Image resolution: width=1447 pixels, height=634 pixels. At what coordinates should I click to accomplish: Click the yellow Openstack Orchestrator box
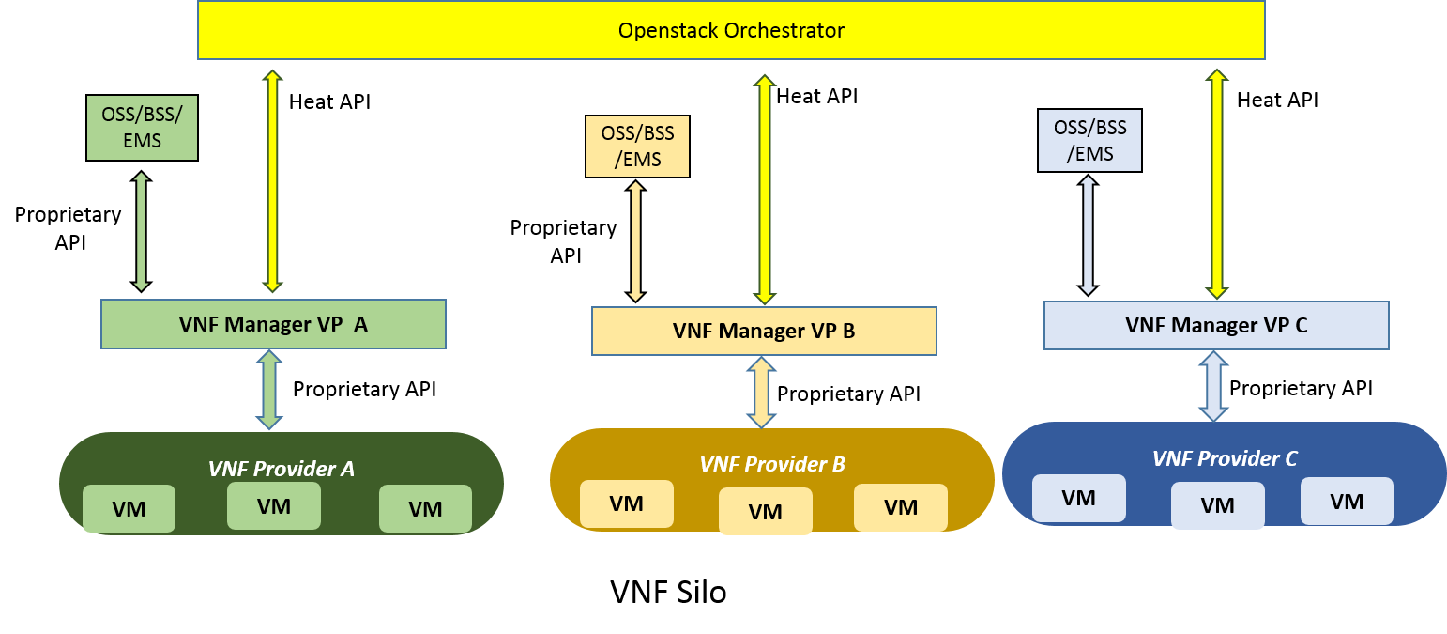731,30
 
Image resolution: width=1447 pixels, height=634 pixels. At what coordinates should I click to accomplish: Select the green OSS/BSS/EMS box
142,128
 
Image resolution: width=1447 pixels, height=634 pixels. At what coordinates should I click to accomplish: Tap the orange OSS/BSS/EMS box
637,146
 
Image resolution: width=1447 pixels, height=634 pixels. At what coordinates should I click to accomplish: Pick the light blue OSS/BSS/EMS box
1089,140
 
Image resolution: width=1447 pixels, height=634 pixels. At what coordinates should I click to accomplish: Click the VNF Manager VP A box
273,324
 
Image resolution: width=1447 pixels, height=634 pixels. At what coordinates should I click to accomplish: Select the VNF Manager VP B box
764,331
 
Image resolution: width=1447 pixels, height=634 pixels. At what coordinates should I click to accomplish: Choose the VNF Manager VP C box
1216,325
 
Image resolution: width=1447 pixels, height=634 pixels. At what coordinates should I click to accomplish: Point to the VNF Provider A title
282,469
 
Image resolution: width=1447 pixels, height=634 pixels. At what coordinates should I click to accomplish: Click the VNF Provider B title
772,464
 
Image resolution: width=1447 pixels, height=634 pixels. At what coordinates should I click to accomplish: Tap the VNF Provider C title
1225,458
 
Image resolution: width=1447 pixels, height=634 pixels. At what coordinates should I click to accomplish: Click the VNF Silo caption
668,592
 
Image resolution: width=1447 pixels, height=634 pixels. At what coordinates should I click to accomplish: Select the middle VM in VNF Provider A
274,506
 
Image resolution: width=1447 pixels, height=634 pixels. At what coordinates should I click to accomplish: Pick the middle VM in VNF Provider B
766,512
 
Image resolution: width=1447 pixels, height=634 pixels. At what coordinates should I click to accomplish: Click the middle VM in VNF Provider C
1217,505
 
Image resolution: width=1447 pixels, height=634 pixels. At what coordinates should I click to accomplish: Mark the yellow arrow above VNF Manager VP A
272,180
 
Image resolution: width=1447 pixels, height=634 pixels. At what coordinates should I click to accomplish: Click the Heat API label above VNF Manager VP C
1277,100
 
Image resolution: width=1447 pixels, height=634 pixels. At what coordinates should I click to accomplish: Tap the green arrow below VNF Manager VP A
270,389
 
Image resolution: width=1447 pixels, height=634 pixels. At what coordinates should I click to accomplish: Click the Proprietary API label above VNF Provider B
848,394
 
